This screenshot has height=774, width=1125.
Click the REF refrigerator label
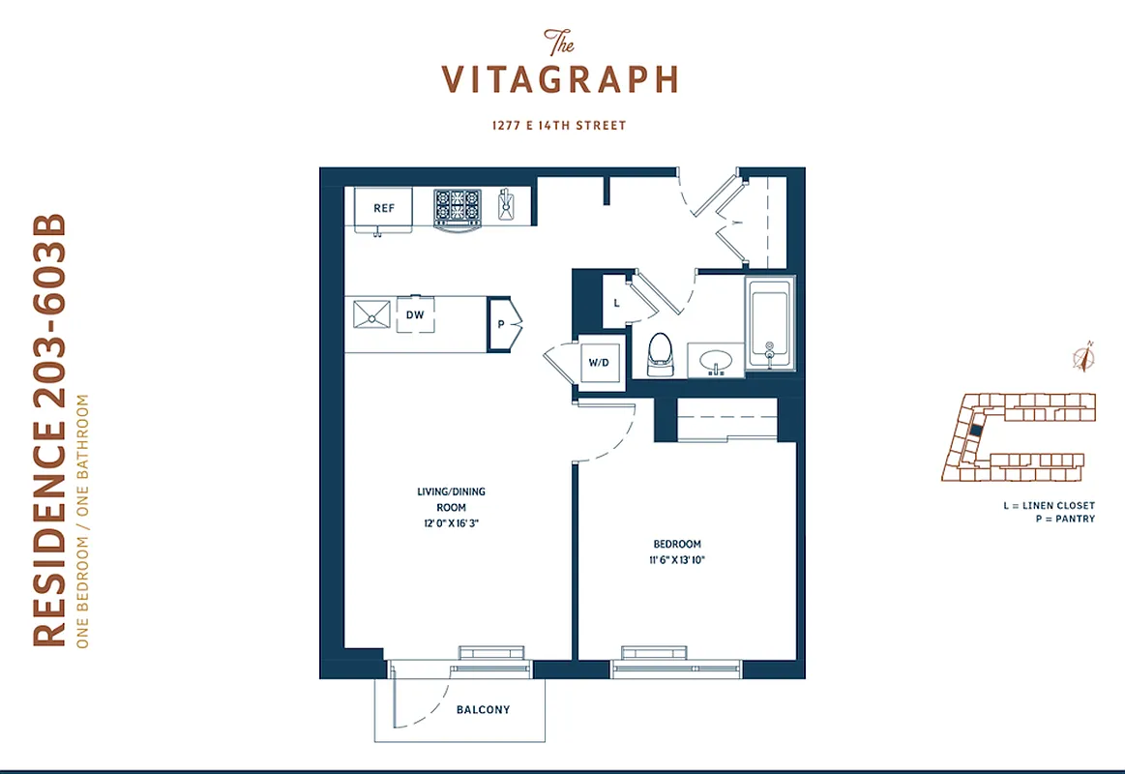pyautogui.click(x=384, y=208)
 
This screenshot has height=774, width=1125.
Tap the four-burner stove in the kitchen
pyautogui.click(x=457, y=206)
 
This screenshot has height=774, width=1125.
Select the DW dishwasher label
pyautogui.click(x=415, y=314)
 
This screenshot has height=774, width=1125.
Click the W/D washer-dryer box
pyautogui.click(x=599, y=363)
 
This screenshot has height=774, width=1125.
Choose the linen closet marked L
pyautogui.click(x=616, y=301)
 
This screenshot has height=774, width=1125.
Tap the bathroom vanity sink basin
pyautogui.click(x=717, y=360)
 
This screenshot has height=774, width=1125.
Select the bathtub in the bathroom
pyautogui.click(x=770, y=323)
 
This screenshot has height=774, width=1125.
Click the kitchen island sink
pyautogui.click(x=370, y=313)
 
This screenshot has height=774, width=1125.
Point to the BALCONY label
pyautogui.click(x=483, y=710)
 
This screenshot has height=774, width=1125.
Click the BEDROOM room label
pyautogui.click(x=677, y=545)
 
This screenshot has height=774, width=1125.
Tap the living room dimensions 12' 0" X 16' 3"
pyautogui.click(x=451, y=523)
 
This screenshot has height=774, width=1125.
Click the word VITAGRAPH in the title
pyautogui.click(x=560, y=79)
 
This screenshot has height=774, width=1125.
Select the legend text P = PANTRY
pyautogui.click(x=1063, y=520)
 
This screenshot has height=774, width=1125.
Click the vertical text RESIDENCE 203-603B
pyautogui.click(x=50, y=430)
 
